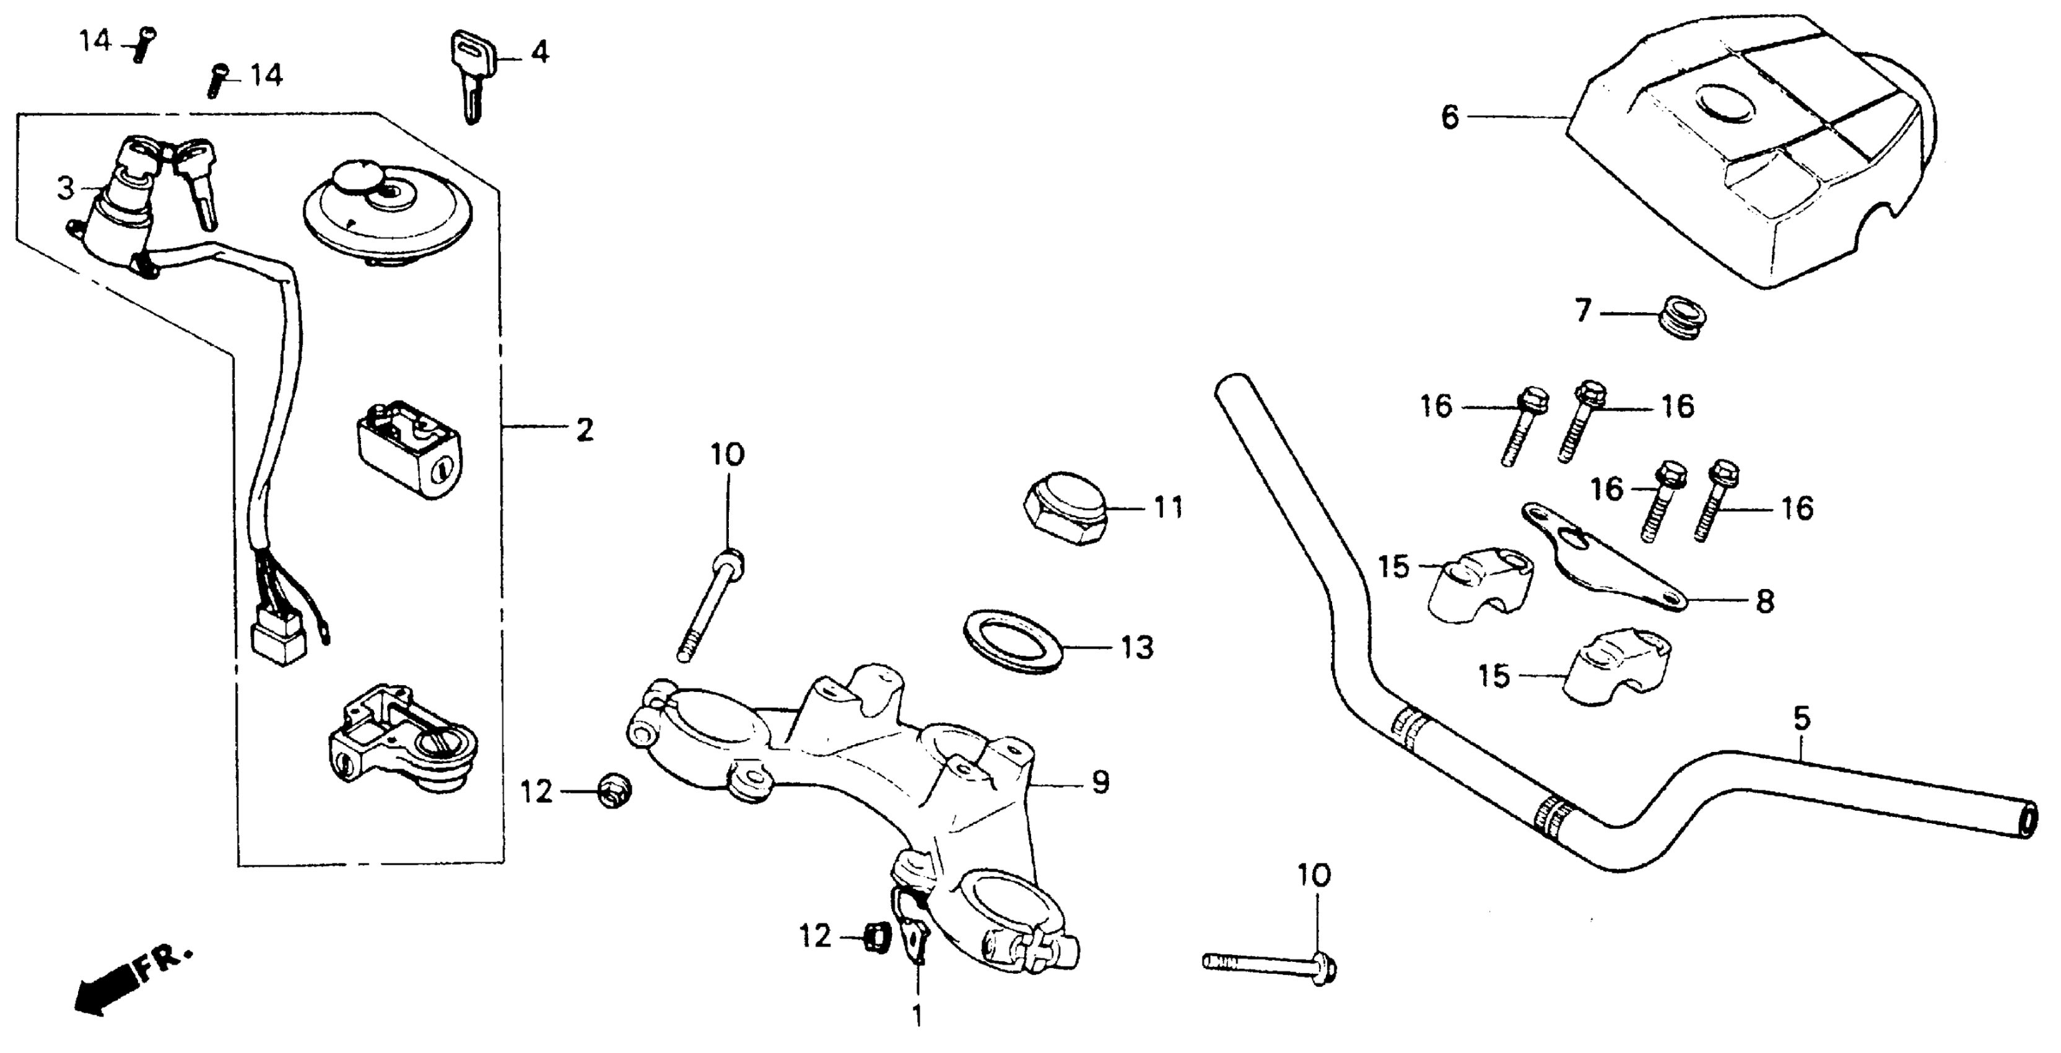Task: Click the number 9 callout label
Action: pos(1101,782)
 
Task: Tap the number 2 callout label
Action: pos(585,430)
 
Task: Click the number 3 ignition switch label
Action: pos(66,188)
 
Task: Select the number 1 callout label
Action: pos(917,1016)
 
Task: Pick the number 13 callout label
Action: pos(1137,648)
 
